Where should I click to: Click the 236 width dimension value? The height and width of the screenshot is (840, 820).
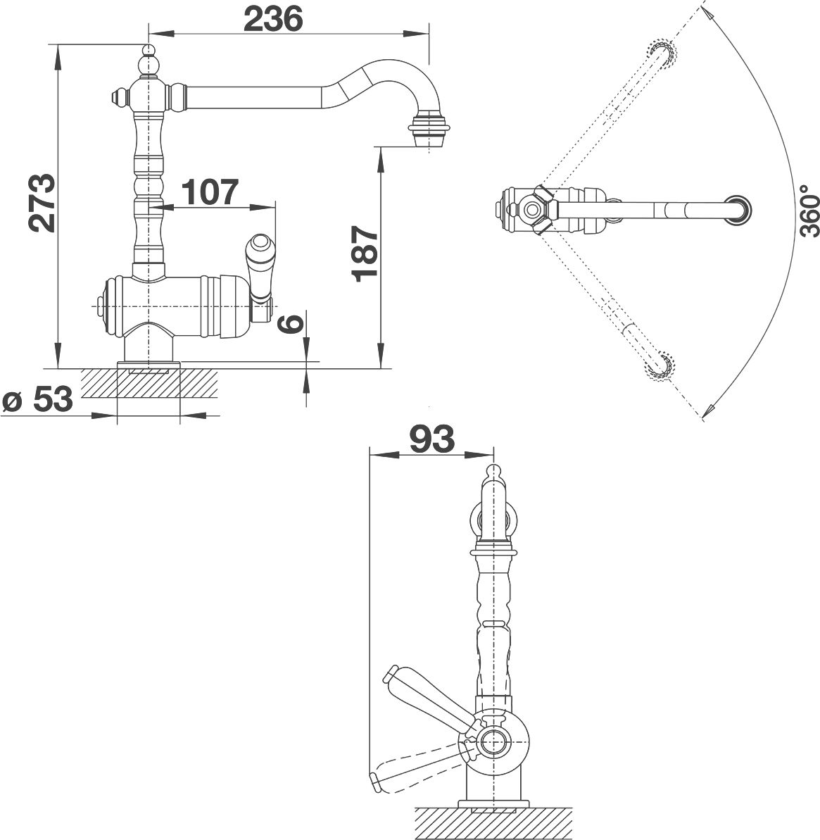point(273,19)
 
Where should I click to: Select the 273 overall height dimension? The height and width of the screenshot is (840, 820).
point(43,203)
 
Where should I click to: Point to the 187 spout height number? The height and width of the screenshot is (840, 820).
point(365,253)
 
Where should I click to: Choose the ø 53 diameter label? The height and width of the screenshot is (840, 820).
point(37,400)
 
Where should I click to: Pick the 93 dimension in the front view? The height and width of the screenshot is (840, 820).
point(431,439)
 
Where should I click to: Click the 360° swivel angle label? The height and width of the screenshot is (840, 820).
point(809,211)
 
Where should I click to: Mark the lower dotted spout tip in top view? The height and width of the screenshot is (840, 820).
point(662,365)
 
